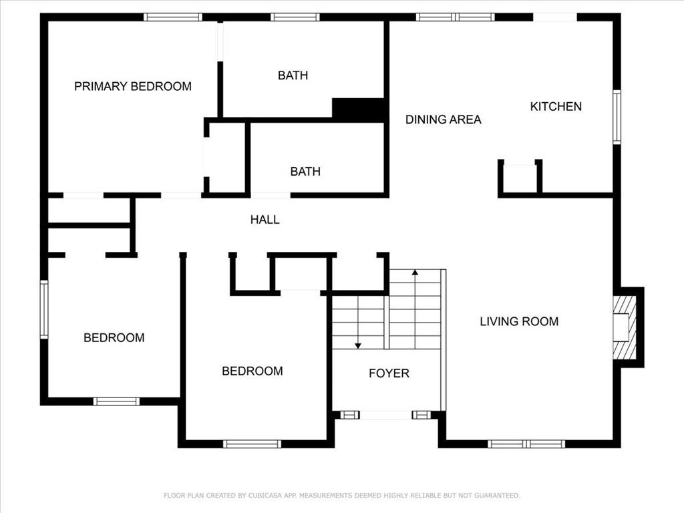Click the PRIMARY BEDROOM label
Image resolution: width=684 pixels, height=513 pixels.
coord(133,86)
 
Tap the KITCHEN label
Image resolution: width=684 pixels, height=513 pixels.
coord(556,106)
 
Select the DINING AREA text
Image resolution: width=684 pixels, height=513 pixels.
coord(444,120)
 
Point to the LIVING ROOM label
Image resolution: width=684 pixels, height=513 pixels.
coord(519,321)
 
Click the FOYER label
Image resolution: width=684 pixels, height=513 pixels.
coord(389,373)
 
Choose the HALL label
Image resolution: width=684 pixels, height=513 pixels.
coord(265,219)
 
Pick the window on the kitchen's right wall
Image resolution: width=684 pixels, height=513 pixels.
coord(617,117)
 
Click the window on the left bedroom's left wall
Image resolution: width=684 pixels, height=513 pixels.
coord(44,310)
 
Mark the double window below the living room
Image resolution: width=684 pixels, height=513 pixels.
coord(526,444)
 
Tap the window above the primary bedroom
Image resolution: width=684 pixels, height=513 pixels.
coord(173,17)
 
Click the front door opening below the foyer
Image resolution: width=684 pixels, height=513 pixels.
coord(385,415)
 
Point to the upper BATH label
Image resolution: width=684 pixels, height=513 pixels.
coord(293,75)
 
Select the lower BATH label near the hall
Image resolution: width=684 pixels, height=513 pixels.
coord(305,172)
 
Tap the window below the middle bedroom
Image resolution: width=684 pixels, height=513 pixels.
coord(252,444)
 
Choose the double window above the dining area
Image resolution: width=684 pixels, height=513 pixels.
coord(456,17)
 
